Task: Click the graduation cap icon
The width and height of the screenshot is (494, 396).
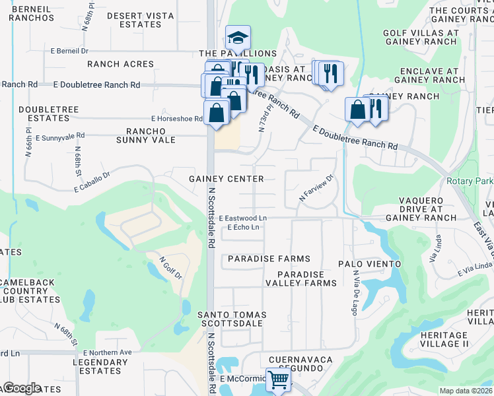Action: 238,38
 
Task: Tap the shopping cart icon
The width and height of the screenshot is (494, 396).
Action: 279,379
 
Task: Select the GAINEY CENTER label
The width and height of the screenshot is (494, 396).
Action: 227,179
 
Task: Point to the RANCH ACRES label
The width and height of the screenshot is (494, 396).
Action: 121,64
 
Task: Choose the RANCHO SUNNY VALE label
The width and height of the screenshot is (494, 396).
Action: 146,135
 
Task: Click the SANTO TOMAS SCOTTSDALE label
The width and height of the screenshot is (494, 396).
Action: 231,319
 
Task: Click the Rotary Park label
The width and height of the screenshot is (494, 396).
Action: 470,180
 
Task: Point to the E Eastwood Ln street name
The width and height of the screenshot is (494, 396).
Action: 243,217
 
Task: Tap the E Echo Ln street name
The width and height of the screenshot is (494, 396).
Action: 242,227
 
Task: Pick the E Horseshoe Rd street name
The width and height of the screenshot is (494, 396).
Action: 176,119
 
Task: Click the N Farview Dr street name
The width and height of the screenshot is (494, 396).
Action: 318,188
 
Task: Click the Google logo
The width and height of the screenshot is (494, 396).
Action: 22,388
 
